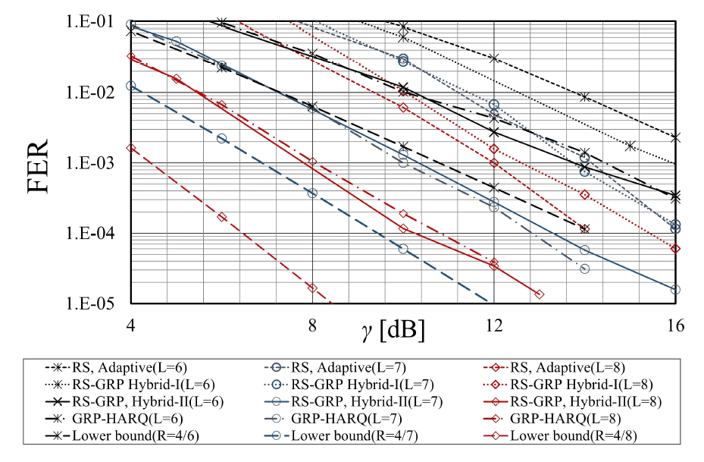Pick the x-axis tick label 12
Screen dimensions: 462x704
(x=494, y=325)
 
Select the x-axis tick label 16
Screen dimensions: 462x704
(x=675, y=325)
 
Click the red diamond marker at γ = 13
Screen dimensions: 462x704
(x=539, y=294)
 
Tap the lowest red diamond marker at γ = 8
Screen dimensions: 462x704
(x=312, y=288)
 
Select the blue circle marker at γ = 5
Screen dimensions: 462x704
(x=176, y=41)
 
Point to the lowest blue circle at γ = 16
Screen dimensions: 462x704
(x=675, y=289)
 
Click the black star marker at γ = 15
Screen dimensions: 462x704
(x=630, y=146)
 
